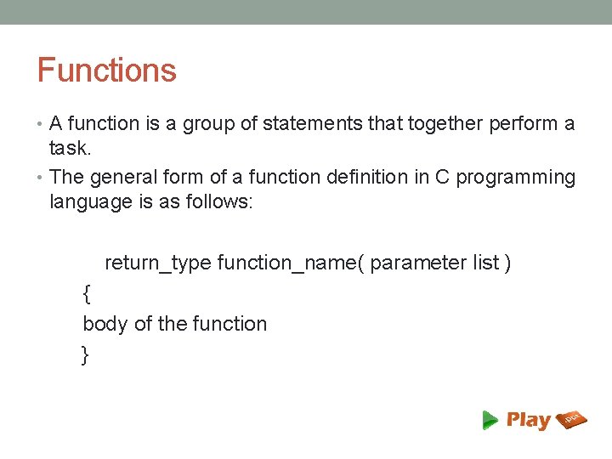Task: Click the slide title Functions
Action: point(106,70)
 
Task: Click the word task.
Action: point(69,149)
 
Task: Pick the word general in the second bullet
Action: point(119,178)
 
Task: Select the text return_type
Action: point(157,263)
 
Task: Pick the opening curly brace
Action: point(86,294)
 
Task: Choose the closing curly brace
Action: point(85,355)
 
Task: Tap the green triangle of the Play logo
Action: point(490,419)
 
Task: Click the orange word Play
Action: point(529,420)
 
